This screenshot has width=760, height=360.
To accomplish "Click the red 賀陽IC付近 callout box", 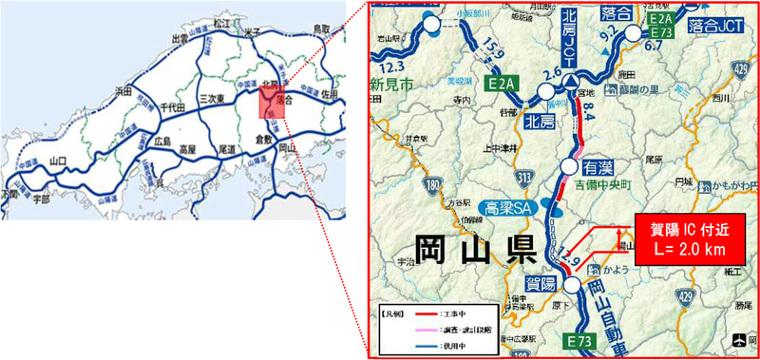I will click(x=686, y=242).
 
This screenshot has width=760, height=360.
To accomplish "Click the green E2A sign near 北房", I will click(x=502, y=85).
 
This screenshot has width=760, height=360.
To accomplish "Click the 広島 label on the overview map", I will click(x=161, y=142).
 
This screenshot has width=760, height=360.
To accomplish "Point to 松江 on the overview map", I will click(x=221, y=20).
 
